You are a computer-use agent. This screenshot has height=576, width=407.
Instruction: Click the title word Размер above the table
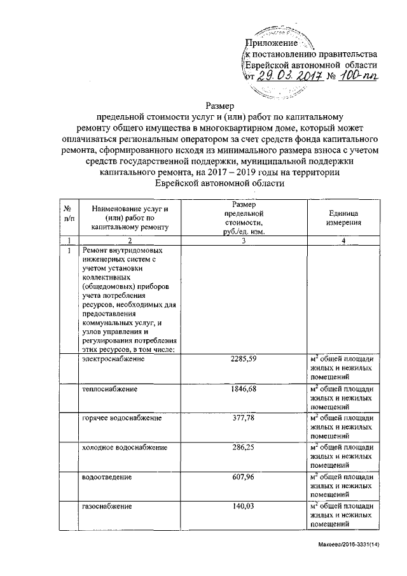pos(219,106)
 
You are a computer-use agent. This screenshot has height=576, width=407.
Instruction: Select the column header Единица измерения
pos(345,218)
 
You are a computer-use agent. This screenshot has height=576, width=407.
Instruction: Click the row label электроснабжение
pos(113,360)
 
